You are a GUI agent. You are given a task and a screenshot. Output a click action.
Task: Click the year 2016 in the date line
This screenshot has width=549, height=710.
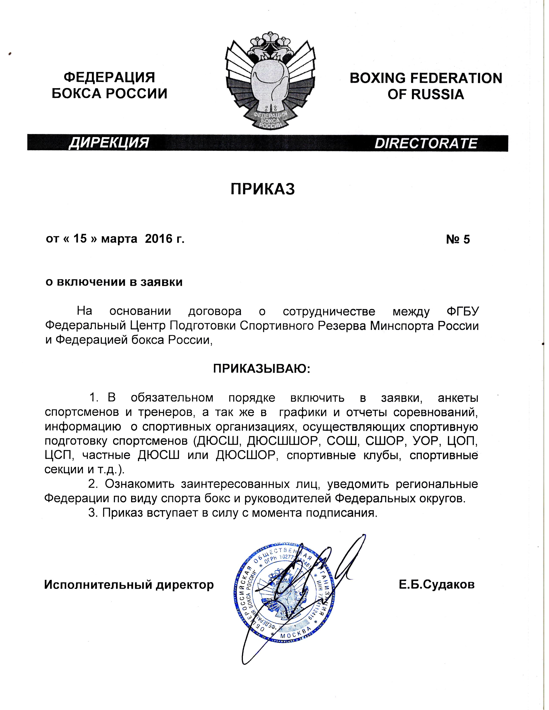point(158,239)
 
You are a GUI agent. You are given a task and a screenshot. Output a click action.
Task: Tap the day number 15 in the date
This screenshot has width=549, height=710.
point(80,239)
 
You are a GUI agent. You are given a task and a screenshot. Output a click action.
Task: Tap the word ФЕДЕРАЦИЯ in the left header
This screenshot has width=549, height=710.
point(109,78)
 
